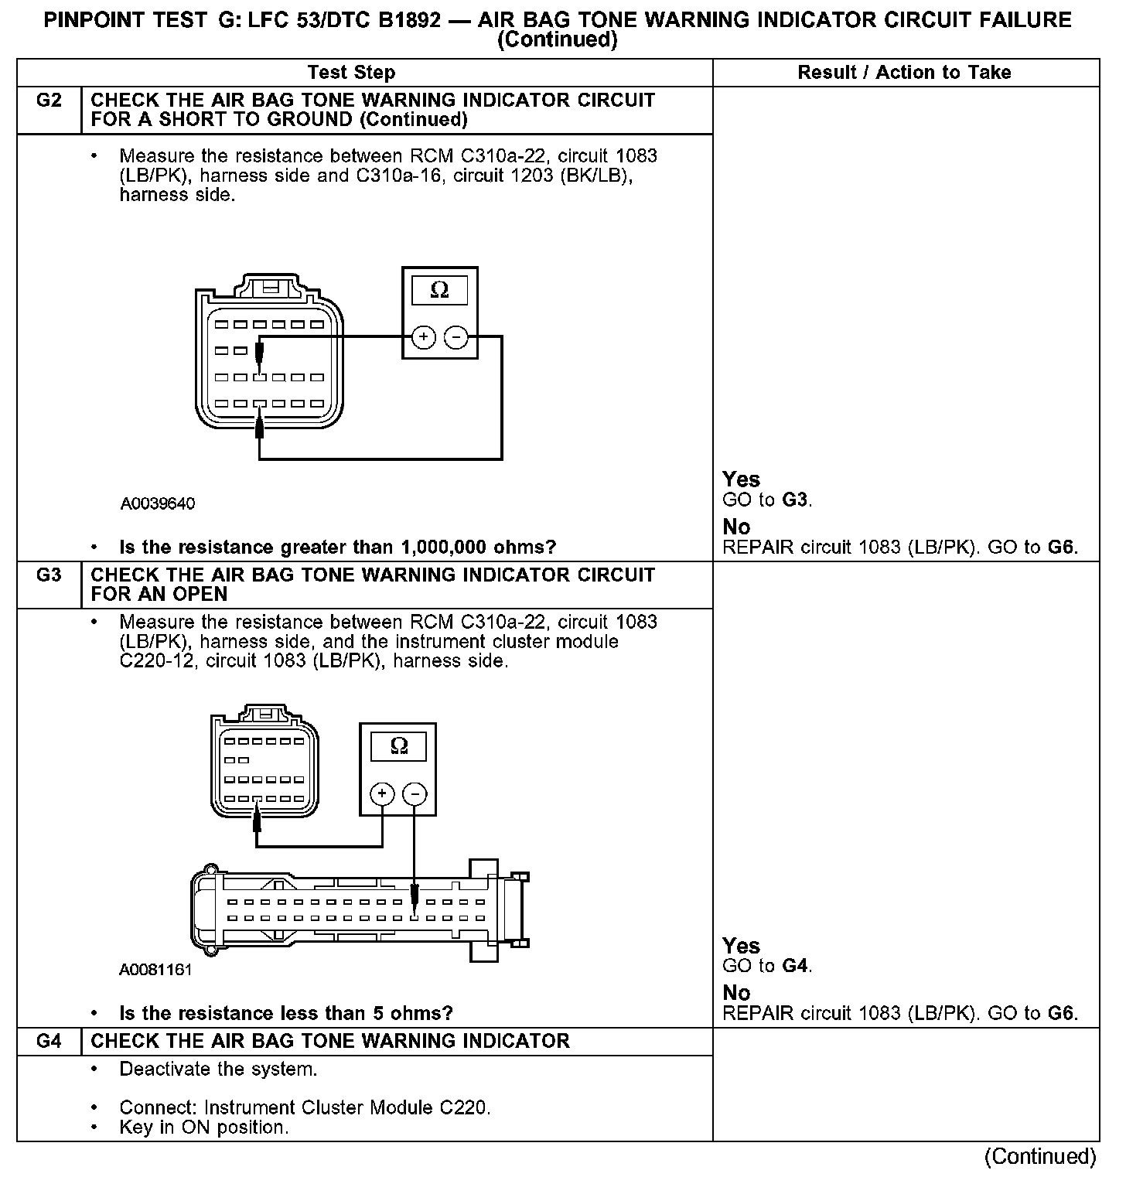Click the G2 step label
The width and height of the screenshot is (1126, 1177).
[49, 101]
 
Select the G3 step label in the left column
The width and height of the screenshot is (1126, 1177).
[49, 575]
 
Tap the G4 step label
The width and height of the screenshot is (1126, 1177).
[49, 1041]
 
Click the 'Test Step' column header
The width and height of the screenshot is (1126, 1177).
[351, 73]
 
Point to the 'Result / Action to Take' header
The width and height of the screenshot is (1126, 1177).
[904, 73]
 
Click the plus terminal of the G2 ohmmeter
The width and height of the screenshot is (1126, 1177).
[423, 337]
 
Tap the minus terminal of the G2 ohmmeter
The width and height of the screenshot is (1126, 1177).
[456, 337]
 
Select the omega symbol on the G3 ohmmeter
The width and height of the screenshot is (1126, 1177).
[398, 745]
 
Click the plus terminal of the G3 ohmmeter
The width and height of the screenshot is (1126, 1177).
[382, 793]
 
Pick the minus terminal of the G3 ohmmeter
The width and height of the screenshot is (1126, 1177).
[415, 793]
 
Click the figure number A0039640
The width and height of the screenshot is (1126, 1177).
[158, 504]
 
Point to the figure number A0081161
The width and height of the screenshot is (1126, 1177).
[155, 970]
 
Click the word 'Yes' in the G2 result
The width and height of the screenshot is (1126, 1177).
[741, 479]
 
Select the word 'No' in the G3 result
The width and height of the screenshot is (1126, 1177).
[736, 992]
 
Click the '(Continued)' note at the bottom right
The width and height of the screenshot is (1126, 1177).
[1040, 1157]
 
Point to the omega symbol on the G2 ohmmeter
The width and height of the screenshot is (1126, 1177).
[439, 290]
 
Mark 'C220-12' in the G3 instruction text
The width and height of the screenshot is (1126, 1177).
[159, 662]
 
